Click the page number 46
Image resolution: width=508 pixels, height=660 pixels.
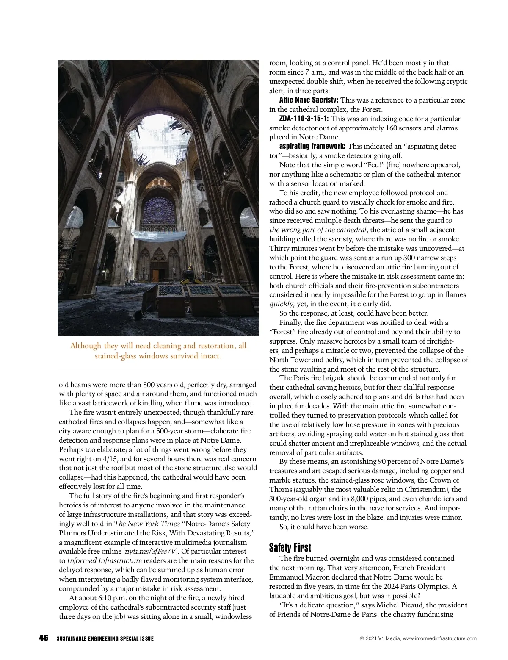44,638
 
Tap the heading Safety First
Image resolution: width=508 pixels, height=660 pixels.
290,548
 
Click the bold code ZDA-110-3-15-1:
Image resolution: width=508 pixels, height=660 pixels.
304,119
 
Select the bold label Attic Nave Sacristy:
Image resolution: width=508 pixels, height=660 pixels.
309,100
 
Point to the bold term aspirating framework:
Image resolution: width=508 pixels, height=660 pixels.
312,146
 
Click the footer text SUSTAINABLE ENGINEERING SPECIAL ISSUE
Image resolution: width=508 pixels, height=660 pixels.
105,638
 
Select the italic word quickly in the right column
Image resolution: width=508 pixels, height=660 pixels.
281,304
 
